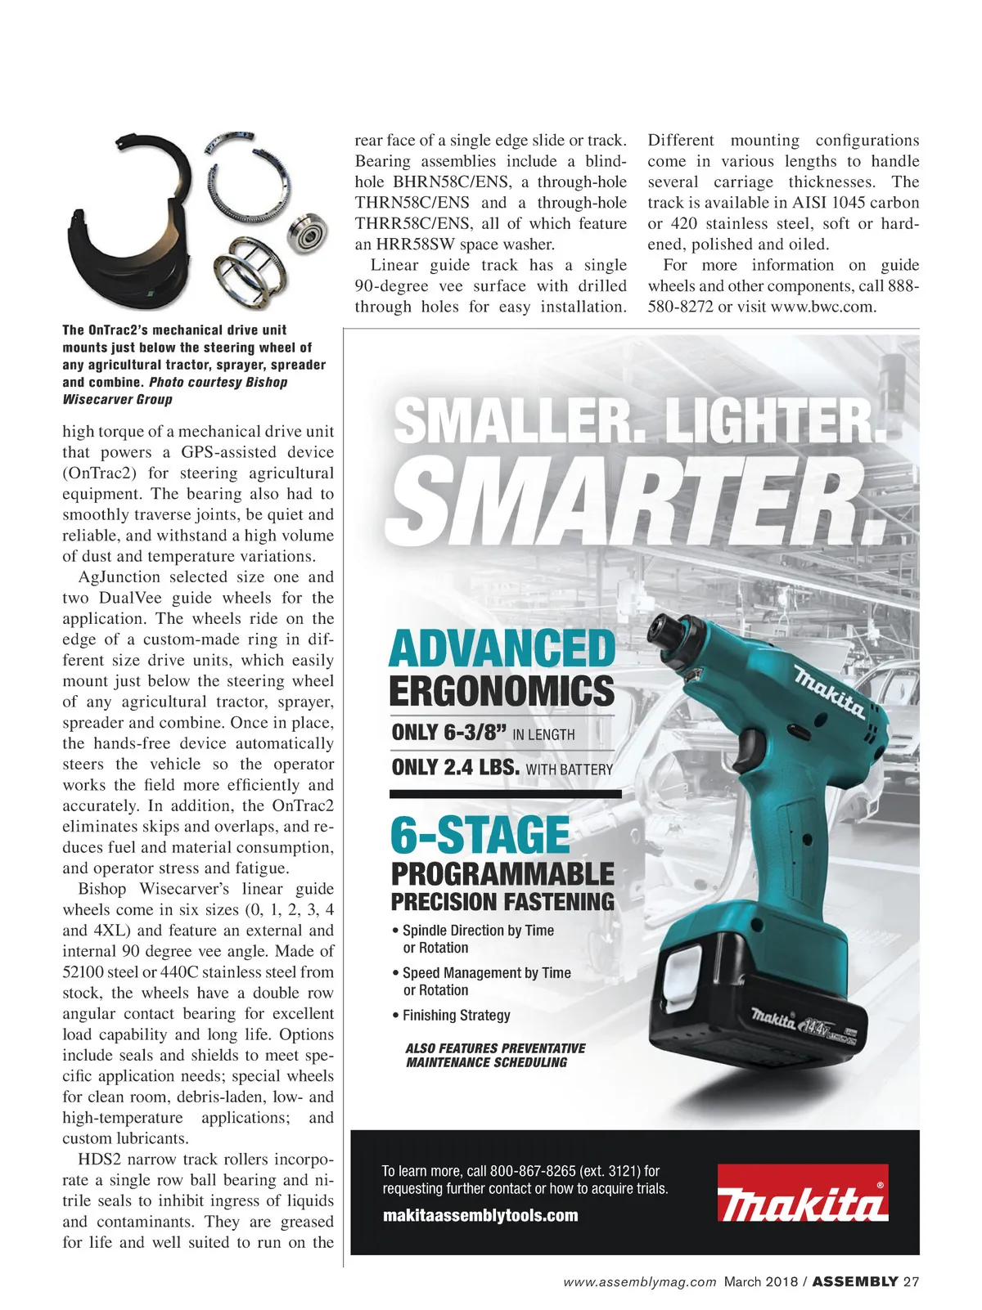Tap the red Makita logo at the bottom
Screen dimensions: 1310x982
802,1193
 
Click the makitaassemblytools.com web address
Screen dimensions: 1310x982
480,1216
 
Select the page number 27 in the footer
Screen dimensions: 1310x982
911,1281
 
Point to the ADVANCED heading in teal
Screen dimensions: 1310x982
502,648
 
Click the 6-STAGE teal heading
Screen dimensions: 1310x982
480,835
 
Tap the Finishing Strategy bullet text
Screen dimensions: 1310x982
456,1016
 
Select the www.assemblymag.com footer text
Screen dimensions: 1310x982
640,1281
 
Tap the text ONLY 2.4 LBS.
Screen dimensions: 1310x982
456,768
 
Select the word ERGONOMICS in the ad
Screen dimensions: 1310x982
502,691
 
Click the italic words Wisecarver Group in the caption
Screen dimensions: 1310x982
117,400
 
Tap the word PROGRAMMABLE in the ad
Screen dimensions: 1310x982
502,874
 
